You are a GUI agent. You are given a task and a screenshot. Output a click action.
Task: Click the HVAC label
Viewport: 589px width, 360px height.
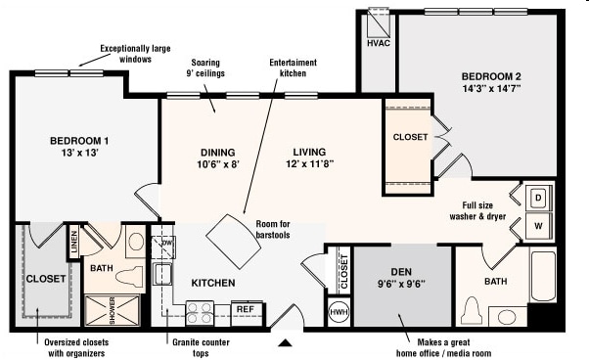[x=378, y=43]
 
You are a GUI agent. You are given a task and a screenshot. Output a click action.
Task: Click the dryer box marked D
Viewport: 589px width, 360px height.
[x=538, y=197]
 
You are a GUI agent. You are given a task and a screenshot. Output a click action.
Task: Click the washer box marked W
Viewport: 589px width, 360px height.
[x=538, y=225]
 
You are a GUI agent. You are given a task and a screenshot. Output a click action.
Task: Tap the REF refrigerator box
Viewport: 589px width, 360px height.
[x=245, y=310]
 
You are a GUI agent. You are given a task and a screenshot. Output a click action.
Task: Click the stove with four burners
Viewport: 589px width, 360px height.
[x=200, y=312]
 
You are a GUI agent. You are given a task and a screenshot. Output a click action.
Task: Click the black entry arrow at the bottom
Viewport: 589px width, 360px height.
[x=285, y=343]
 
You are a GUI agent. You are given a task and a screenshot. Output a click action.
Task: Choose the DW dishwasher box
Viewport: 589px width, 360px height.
[x=167, y=242]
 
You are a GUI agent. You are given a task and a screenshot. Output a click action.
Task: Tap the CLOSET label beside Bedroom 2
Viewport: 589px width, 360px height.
[x=410, y=138]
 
